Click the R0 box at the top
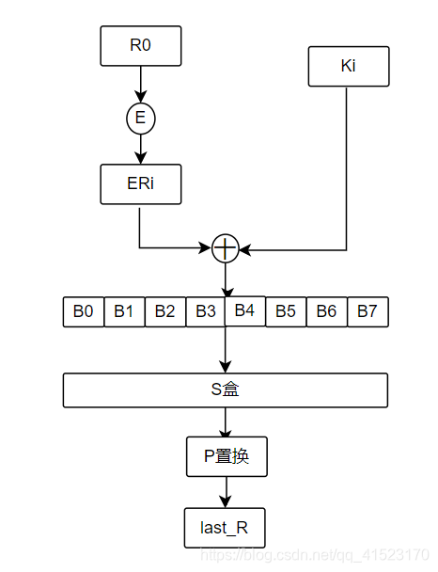140,44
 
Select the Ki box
348,67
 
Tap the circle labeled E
140,119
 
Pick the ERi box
140,184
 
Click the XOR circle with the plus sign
225,248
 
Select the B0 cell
84,311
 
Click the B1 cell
124,311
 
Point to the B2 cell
164,311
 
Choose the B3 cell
205,311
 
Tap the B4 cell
244,310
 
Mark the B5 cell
286,311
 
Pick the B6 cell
326,311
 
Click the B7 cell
368,311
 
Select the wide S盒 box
225,389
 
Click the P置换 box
226,456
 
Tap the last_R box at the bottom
225,528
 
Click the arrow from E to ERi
140,149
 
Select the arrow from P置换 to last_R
225,492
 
